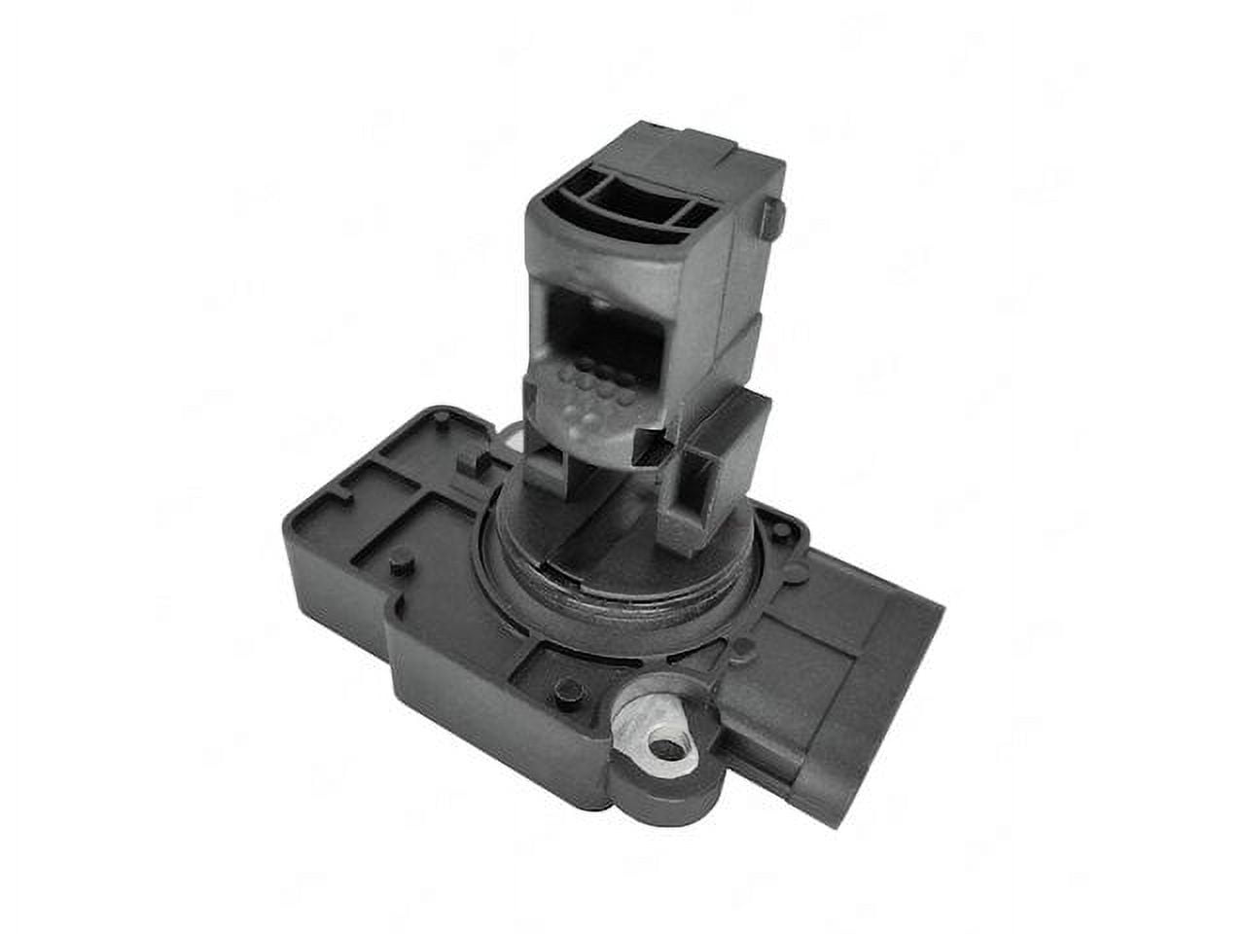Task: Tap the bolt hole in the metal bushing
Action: pos(665,749)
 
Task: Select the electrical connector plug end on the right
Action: pos(905,671)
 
